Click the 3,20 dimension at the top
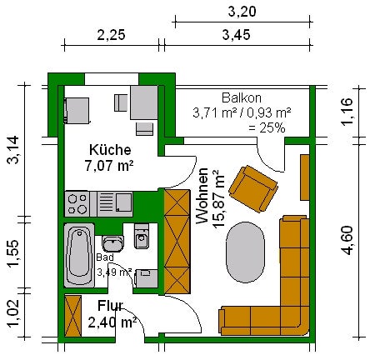click(x=242, y=12)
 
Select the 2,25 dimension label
click(x=111, y=35)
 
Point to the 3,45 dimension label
click(x=236, y=35)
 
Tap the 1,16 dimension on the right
click(x=347, y=112)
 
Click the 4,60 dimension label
click(x=347, y=240)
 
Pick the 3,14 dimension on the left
click(x=13, y=150)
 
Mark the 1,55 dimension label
click(x=13, y=253)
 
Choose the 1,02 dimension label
click(x=13, y=313)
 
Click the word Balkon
click(x=242, y=98)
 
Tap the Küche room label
click(x=110, y=150)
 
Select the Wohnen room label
click(x=202, y=196)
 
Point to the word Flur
click(x=110, y=306)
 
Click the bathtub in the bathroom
click(x=79, y=255)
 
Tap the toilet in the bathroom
click(x=142, y=236)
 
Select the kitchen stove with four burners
click(x=77, y=204)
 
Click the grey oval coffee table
click(x=245, y=252)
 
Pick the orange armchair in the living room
click(x=253, y=189)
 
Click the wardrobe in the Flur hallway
click(x=73, y=316)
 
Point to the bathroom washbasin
click(x=112, y=243)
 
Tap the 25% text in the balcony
click(x=267, y=128)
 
